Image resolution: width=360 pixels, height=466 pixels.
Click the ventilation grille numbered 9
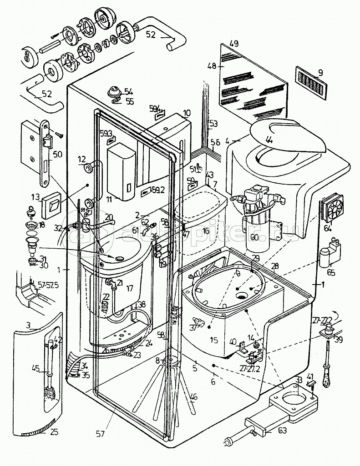point(311,83)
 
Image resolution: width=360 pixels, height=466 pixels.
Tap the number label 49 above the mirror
point(234,44)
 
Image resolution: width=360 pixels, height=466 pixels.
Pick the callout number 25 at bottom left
point(54,431)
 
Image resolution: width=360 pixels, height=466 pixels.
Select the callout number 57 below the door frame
point(100,434)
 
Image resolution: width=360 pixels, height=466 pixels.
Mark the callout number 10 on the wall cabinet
point(187,112)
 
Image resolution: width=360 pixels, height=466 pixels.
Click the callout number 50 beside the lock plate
point(57,154)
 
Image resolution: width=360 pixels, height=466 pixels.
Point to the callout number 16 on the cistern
point(206,231)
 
